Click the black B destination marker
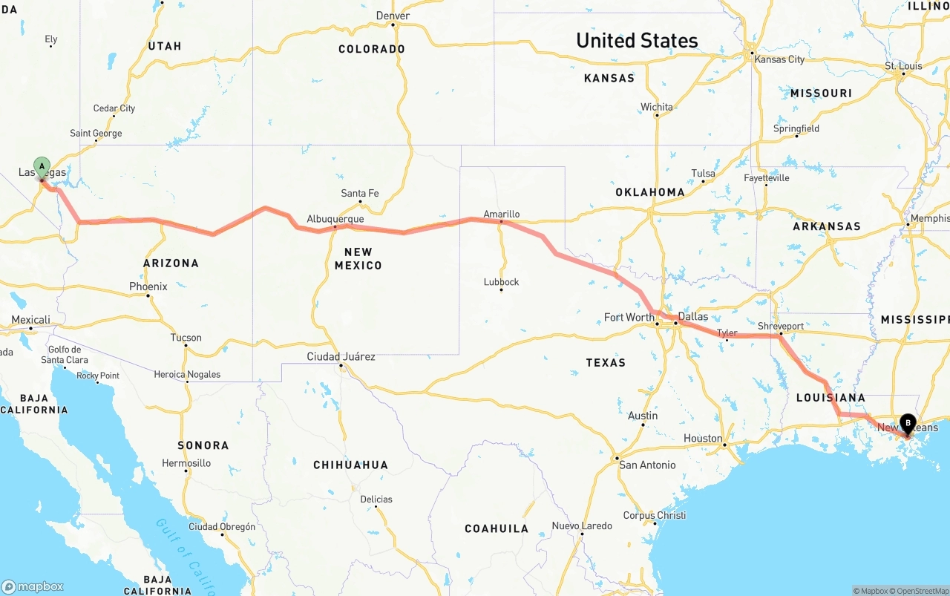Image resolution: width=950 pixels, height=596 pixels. pyautogui.click(x=907, y=424)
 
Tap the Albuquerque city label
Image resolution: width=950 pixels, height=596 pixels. pyautogui.click(x=335, y=219)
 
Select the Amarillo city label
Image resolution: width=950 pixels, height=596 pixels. pyautogui.click(x=502, y=214)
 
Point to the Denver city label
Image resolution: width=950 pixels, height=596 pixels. pyautogui.click(x=393, y=16)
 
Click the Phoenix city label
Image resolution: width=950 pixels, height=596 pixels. pyautogui.click(x=148, y=286)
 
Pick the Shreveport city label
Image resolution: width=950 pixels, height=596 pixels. pyautogui.click(x=781, y=326)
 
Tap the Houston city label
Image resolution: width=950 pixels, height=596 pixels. pyautogui.click(x=703, y=438)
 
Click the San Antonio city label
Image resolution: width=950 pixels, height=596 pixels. pyautogui.click(x=647, y=465)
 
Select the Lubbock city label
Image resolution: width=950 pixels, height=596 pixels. pyautogui.click(x=501, y=282)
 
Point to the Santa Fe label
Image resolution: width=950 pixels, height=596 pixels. pyautogui.click(x=360, y=193)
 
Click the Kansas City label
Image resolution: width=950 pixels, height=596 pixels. pyautogui.click(x=779, y=59)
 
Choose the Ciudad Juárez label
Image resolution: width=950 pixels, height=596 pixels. pyautogui.click(x=341, y=356)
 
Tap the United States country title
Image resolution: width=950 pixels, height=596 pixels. pyautogui.click(x=637, y=40)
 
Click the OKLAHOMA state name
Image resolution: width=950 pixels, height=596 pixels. pyautogui.click(x=650, y=191)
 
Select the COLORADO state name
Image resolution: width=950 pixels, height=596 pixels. pyautogui.click(x=372, y=49)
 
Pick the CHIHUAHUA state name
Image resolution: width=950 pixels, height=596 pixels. pyautogui.click(x=350, y=465)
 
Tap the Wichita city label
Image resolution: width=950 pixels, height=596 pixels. pyautogui.click(x=657, y=107)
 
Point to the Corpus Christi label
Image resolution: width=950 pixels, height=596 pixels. pyautogui.click(x=655, y=515)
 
